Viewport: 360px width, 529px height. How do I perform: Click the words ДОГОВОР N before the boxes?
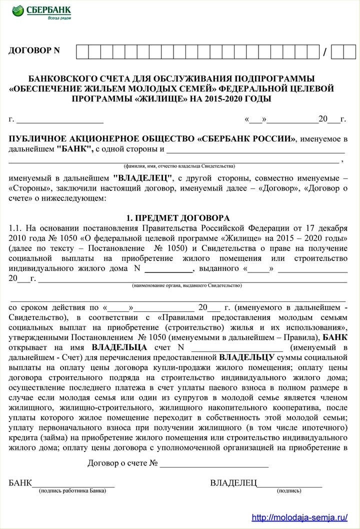click(34, 50)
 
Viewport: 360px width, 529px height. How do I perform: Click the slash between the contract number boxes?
click(325, 52)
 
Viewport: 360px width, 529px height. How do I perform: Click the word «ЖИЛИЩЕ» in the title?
click(166, 98)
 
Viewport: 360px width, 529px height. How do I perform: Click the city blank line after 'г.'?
click(60, 120)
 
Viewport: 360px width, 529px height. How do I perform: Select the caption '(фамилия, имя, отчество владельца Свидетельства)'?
click(179, 166)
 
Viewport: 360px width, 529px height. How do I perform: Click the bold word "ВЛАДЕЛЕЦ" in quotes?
click(143, 178)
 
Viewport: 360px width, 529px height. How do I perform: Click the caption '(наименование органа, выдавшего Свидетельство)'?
click(186, 285)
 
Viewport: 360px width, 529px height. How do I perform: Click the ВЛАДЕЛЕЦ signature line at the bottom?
click(290, 483)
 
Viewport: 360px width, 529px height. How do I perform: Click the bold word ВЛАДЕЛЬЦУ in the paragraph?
click(246, 357)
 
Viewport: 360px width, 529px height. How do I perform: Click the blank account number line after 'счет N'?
click(237, 347)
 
